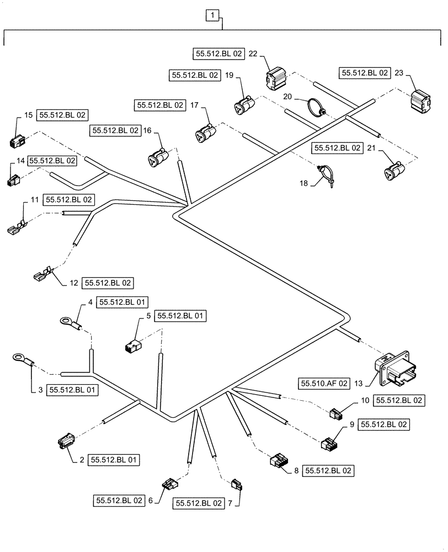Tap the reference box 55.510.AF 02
coord(324,382)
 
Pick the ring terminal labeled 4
coord(68,322)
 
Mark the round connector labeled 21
coord(392,171)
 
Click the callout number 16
coord(147,131)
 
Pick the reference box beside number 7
coord(199,503)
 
